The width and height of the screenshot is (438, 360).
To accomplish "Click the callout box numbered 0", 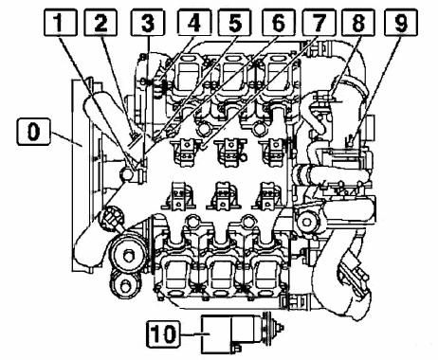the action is click(x=33, y=132).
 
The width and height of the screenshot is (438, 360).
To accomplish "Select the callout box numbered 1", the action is click(x=60, y=22).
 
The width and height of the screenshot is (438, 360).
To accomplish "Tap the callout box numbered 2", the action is click(x=100, y=22).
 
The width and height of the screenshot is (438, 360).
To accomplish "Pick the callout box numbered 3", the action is click(x=148, y=22).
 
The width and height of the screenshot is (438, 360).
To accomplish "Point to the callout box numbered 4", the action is click(x=194, y=22).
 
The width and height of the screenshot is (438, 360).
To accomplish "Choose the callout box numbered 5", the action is click(x=234, y=22).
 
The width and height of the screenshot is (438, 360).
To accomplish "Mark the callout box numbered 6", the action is click(x=278, y=22).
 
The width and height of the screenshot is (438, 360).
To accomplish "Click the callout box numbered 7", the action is click(x=319, y=22).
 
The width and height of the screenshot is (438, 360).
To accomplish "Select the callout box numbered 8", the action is click(x=359, y=22).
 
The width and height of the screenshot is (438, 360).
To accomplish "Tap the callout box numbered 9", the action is click(x=401, y=22).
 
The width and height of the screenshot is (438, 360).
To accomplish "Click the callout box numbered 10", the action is click(x=163, y=333).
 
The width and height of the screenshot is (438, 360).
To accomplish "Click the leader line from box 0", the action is click(x=66, y=139).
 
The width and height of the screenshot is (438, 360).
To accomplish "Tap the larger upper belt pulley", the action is click(x=128, y=255).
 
